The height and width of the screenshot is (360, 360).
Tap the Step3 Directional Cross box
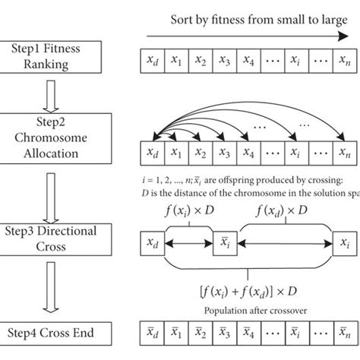pos(45,241)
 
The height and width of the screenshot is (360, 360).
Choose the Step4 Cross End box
pos(45,332)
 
